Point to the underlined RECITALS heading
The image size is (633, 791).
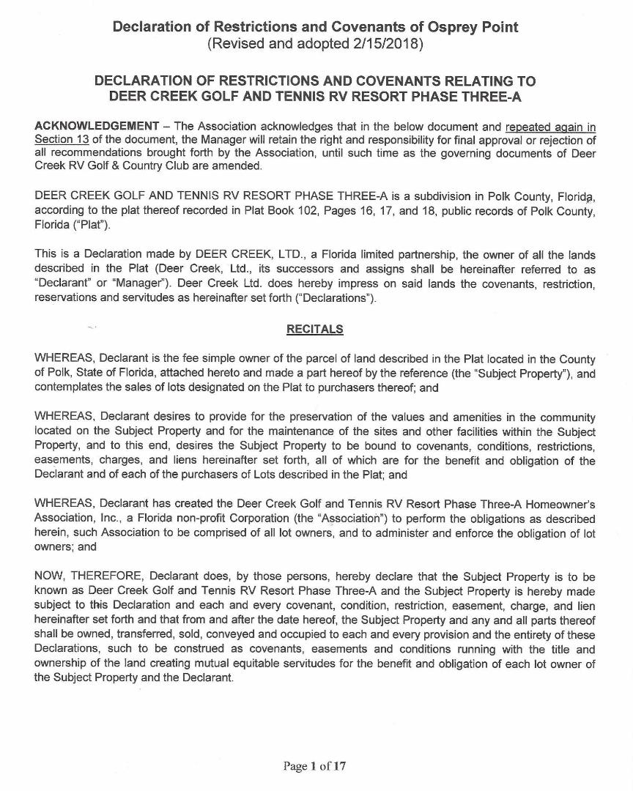click(315, 330)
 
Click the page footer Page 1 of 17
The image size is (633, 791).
click(315, 767)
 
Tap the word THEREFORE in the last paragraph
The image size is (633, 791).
click(104, 577)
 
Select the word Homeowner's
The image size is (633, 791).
click(558, 505)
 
